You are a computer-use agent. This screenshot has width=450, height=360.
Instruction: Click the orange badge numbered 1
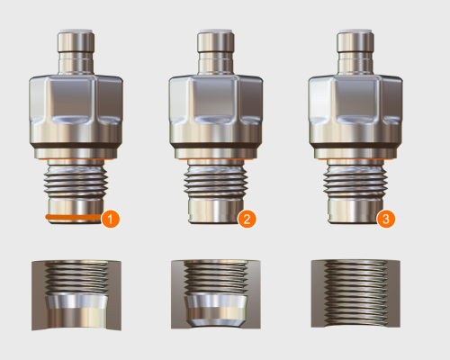point(111,219)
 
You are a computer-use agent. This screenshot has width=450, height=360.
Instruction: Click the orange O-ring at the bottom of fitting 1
point(72,218)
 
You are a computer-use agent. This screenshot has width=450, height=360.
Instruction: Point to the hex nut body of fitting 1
point(76,108)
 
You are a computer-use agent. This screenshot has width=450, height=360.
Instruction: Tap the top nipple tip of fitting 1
point(76,41)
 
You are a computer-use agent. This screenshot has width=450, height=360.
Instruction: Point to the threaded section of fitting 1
point(76,184)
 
